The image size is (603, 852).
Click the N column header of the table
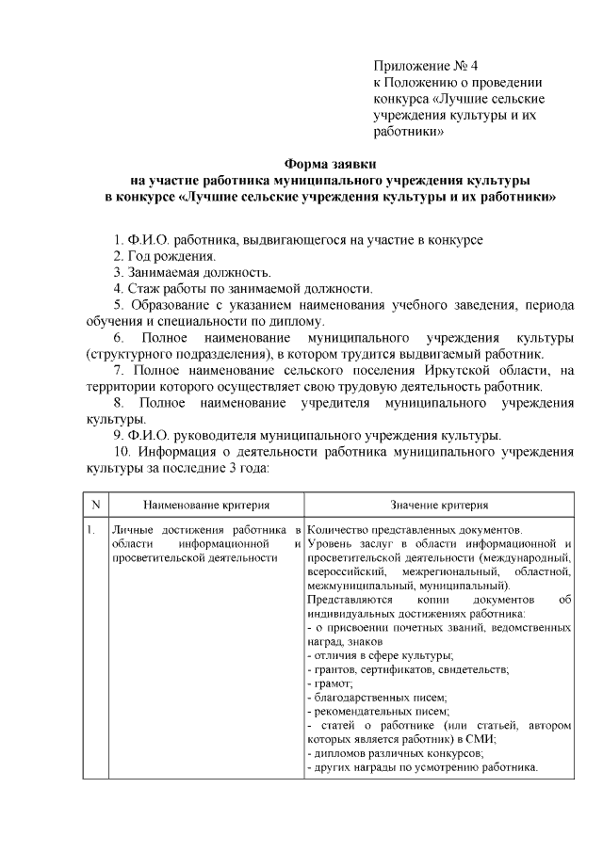[95, 505]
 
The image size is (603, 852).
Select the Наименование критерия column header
[206, 506]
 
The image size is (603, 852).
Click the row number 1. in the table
[90, 530]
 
